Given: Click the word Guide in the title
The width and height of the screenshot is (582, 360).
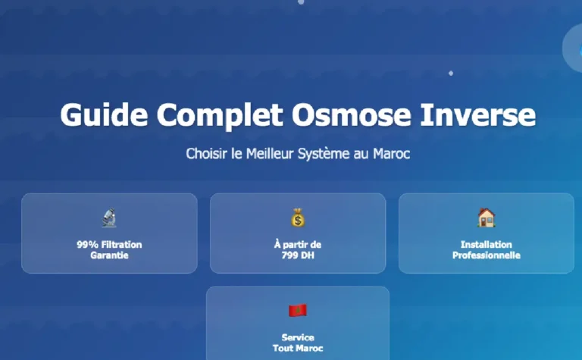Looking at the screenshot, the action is point(105,114).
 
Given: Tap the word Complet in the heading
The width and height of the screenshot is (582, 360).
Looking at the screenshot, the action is point(220,115).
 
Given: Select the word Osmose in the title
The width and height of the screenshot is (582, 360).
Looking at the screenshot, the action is point(351,114).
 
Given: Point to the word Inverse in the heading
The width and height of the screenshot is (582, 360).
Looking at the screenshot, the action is point(477,114).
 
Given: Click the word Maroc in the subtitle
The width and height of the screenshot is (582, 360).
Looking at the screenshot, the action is point(391,153).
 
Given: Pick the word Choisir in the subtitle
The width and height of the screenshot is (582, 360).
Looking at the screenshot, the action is point(206,153).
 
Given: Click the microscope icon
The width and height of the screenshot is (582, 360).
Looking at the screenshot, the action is point(109,218).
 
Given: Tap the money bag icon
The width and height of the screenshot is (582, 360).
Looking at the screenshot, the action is point(298,218).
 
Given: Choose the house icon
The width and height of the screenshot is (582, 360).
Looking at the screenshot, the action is point(487,218).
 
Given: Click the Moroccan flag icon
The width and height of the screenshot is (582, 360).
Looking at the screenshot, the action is point(298,311).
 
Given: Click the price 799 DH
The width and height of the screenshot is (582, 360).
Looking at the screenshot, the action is point(298,255).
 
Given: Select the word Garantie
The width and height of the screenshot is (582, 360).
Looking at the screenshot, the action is point(109,255).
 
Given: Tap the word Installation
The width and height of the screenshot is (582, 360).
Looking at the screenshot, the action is point(487,245).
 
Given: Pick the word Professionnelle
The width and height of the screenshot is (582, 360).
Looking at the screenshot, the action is point(487,255).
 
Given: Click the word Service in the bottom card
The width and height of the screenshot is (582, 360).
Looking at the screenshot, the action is point(298,337).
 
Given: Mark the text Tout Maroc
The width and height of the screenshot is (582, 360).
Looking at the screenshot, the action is point(298,348).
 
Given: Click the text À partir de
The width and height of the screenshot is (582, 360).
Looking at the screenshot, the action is point(298,245).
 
